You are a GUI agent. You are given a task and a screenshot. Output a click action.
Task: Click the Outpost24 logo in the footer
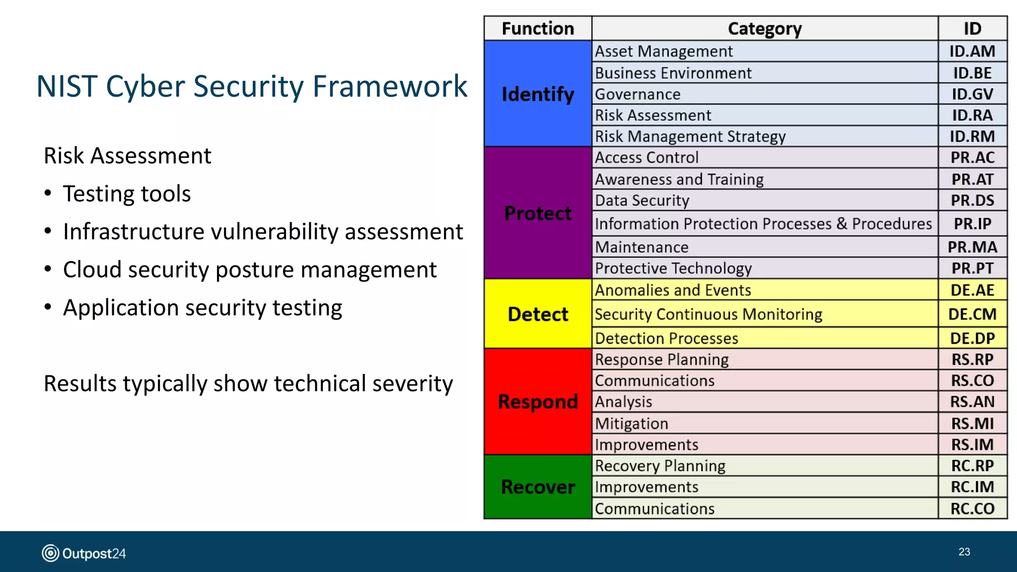coord(83,553)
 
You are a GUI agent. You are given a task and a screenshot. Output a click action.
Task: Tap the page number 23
coord(964,552)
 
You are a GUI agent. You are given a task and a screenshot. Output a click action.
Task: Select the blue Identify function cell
coord(538,94)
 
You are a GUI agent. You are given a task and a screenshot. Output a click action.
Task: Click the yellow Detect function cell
coord(538,314)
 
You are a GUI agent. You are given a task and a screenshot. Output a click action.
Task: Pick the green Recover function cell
coord(538,487)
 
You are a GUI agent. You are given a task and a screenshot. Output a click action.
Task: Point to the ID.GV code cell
coord(972,94)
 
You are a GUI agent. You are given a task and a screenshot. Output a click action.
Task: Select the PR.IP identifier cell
coord(972,223)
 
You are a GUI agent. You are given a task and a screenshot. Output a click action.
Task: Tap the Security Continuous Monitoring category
coord(708,314)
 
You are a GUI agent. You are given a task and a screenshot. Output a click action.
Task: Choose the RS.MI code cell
coord(972,424)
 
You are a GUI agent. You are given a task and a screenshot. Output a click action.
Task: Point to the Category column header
coord(764,28)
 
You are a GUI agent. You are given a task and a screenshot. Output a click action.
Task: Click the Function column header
coord(538,28)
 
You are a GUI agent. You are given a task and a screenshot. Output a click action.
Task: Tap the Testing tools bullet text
coord(127,194)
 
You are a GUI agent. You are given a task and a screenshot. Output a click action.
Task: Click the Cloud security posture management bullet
coord(249,270)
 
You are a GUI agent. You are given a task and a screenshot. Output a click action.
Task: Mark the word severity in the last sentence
coord(412,383)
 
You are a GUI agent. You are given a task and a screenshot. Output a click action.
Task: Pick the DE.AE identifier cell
coord(972,290)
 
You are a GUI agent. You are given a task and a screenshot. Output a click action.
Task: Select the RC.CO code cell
coord(972,508)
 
